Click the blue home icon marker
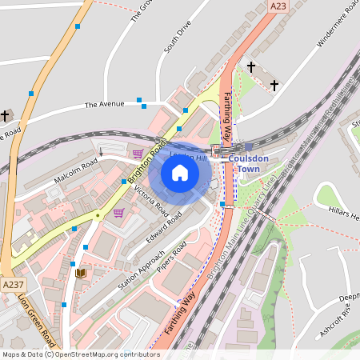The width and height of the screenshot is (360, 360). (180, 172)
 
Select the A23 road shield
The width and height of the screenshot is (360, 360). (278, 6)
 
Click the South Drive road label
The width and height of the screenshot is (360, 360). (178, 38)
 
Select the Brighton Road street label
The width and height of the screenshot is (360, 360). (145, 164)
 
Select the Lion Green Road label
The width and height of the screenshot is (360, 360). (35, 316)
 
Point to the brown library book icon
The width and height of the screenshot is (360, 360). (80, 274)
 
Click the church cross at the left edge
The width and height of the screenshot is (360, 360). (5, 116)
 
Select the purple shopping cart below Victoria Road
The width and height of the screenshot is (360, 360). (119, 213)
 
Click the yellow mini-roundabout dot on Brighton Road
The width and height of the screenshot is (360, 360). (98, 214)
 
